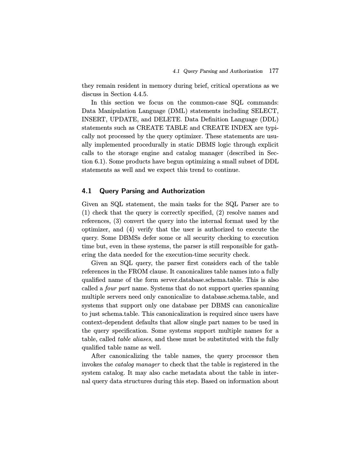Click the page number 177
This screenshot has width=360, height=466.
[x=274, y=71]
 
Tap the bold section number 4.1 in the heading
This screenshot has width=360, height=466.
[x=87, y=191]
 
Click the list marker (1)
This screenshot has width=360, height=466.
[x=86, y=213]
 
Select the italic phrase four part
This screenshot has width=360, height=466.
[x=117, y=288]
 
